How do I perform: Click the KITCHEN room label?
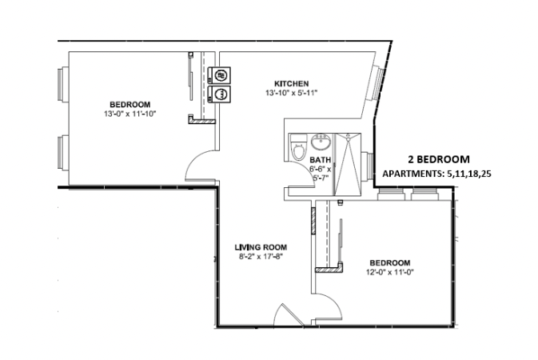pos(292,83)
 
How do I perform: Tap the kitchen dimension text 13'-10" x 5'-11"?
pos(292,93)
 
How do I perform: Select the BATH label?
pos(320,160)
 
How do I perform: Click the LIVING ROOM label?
pos(261,247)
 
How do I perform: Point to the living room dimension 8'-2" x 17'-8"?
pos(261,257)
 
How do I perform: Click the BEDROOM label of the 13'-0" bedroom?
pos(130,105)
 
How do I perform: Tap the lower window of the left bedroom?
pos(61,154)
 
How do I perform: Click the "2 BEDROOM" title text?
pos(438,159)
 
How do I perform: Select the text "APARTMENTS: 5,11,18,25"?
pos(438,174)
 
